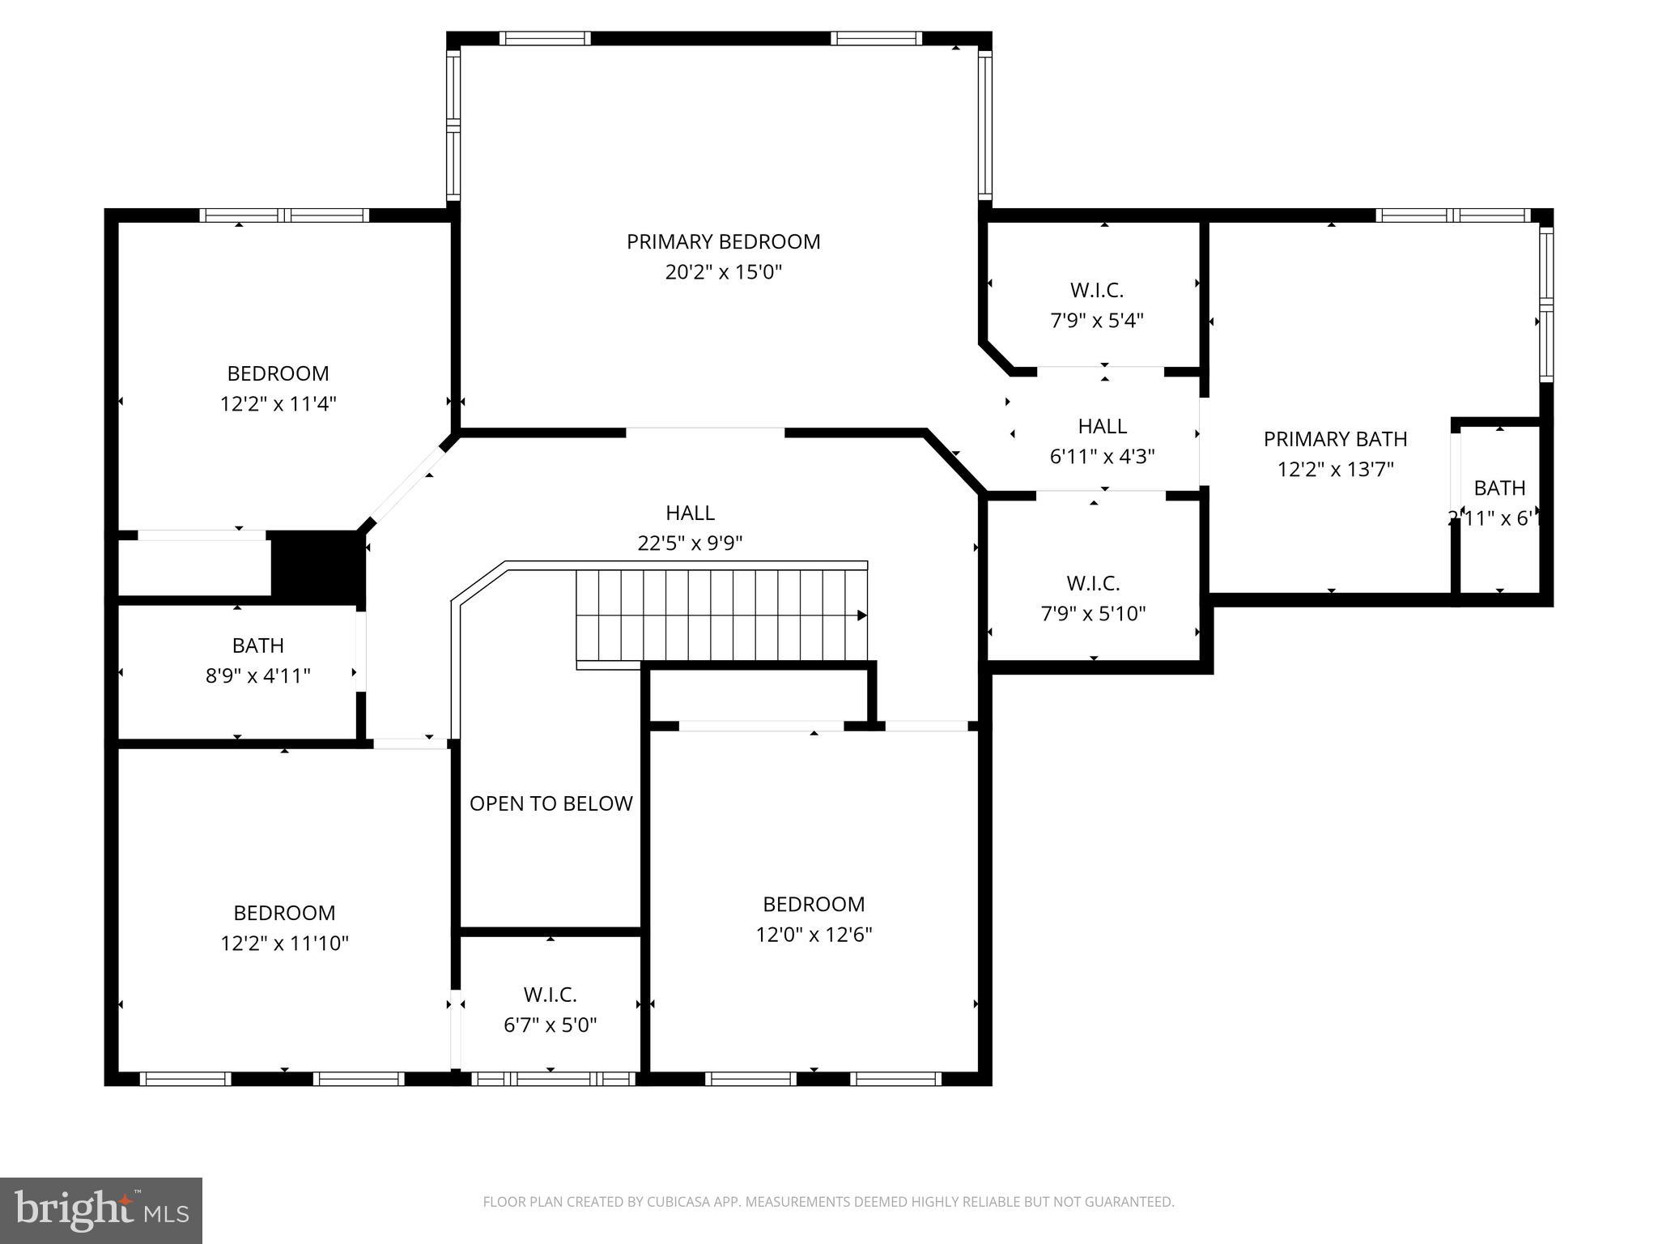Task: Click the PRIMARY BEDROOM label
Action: coord(723,241)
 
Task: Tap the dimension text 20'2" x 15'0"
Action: coord(723,272)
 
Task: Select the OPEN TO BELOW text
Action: coord(551,803)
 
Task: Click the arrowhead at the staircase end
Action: coord(862,616)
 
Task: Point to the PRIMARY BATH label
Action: coord(1335,439)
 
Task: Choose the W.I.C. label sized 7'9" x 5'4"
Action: coord(1096,290)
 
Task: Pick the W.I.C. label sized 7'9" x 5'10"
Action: coord(1093,583)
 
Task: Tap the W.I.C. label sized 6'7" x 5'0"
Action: coord(550,995)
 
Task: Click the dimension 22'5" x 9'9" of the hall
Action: coord(690,543)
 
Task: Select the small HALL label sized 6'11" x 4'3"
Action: coord(1102,426)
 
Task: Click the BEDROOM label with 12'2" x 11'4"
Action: coord(278,373)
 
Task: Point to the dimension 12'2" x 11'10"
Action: coord(284,944)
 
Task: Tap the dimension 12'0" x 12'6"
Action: coord(814,935)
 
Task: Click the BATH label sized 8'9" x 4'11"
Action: coord(257,645)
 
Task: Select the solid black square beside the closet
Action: coord(316,566)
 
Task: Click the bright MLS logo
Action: coord(101,1210)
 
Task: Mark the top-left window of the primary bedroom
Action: coord(544,38)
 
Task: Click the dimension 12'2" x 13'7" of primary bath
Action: coord(1335,470)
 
